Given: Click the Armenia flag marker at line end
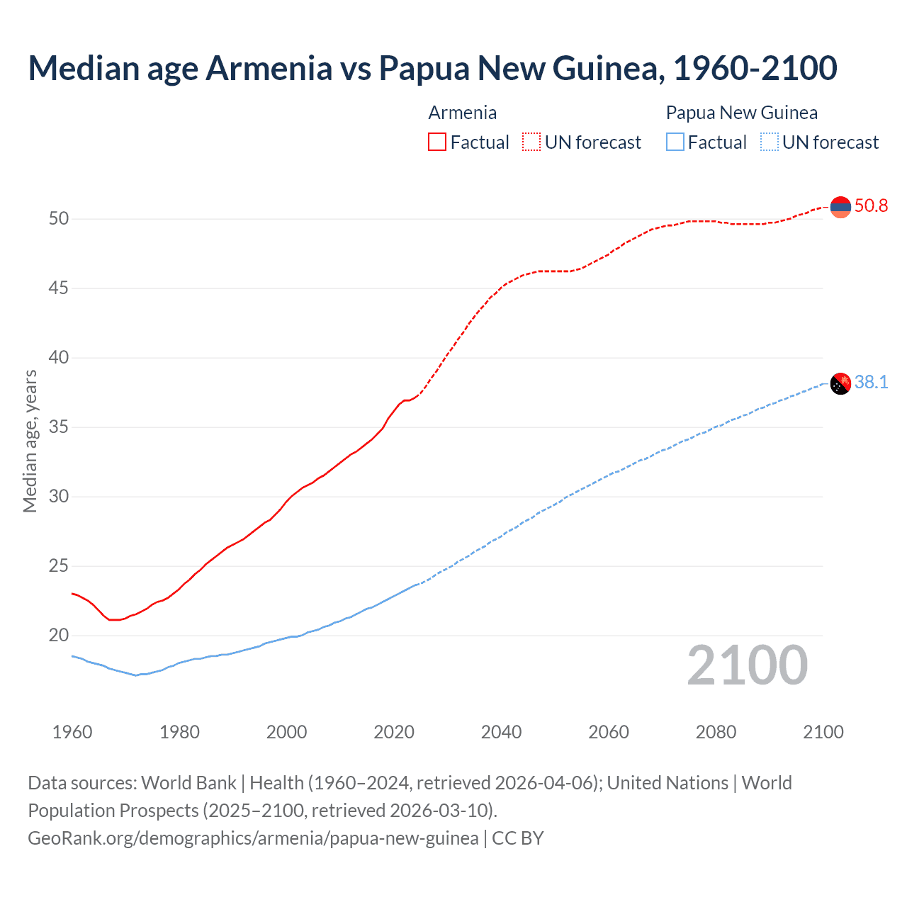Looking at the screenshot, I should tap(840, 207).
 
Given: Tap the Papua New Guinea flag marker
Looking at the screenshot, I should tap(840, 383).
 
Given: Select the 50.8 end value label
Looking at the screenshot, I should tap(871, 206).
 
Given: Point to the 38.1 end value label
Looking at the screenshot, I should tap(871, 383).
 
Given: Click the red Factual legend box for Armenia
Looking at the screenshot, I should tap(437, 142).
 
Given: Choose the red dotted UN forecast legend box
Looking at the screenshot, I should tap(531, 142).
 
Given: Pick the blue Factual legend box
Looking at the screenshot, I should tap(675, 142).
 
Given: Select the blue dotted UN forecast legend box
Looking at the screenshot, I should tap(769, 142).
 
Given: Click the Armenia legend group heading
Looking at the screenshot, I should tap(462, 113).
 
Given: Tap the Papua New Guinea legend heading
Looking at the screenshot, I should tap(741, 113).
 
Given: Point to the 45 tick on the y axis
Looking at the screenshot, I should tap(59, 288).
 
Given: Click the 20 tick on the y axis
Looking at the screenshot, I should tap(59, 636).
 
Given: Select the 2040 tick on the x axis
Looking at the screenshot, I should tap(501, 732).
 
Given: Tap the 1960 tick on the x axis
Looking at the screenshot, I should tap(72, 732).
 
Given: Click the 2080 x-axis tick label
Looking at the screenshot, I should tap(716, 732).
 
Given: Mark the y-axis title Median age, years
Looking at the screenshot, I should tap(30, 441).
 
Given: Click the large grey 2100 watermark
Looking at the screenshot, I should tap(747, 665).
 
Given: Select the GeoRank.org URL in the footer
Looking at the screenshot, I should tap(253, 838).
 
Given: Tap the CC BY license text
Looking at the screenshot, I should tap(518, 838).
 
